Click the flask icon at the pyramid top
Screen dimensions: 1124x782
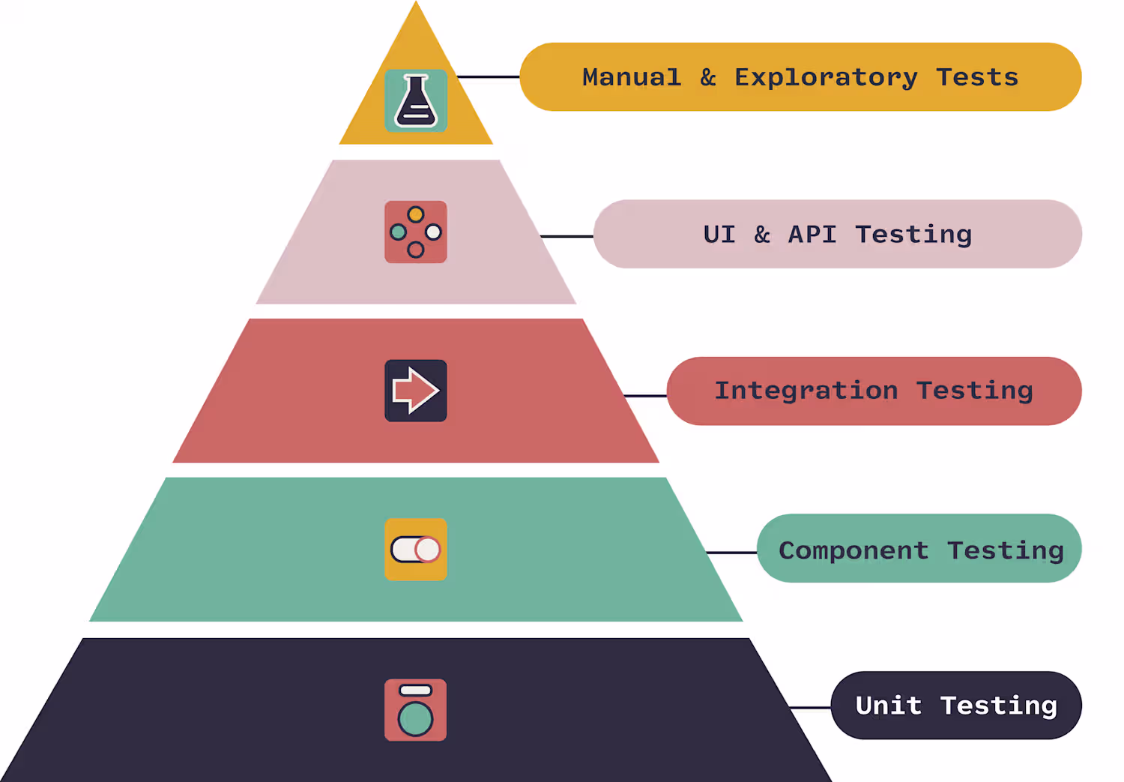(415, 101)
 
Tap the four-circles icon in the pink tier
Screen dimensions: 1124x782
(415, 232)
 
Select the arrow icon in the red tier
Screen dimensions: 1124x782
(415, 391)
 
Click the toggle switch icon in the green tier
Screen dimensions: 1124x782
(415, 549)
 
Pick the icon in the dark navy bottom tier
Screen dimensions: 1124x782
(415, 710)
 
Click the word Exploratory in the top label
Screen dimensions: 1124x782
(826, 78)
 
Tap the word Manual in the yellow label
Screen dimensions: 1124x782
(632, 77)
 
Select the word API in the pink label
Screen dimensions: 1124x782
(812, 235)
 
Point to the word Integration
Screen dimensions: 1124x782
(806, 391)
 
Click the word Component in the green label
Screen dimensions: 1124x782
(853, 550)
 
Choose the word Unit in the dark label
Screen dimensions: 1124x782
(889, 706)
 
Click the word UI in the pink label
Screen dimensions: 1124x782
(719, 235)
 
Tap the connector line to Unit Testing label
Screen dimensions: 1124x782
(810, 708)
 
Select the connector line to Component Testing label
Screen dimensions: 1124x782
(731, 553)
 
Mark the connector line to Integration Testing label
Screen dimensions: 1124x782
(645, 396)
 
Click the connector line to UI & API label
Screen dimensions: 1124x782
(567, 236)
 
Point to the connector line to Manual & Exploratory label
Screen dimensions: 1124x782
(489, 76)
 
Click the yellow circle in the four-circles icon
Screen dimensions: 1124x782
(415, 214)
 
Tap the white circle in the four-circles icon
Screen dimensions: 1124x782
(433, 232)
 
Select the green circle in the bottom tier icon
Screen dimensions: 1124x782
(415, 719)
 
